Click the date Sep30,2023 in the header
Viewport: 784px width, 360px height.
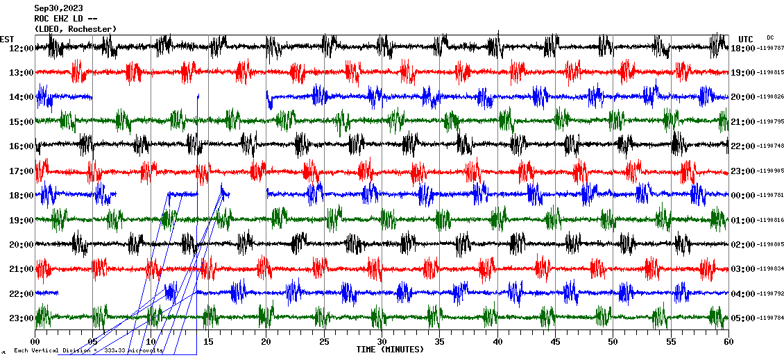click(58, 9)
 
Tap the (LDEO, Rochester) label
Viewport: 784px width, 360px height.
click(76, 28)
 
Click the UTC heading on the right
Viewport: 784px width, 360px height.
click(745, 39)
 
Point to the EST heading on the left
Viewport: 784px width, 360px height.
click(7, 39)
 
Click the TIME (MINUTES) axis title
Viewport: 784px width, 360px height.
click(390, 350)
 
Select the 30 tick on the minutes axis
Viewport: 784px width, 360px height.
click(382, 342)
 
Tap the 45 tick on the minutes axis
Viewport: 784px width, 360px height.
click(555, 342)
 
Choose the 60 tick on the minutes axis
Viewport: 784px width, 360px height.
click(728, 342)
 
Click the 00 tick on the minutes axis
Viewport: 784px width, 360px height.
click(35, 342)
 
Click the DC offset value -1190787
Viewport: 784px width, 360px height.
click(770, 49)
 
